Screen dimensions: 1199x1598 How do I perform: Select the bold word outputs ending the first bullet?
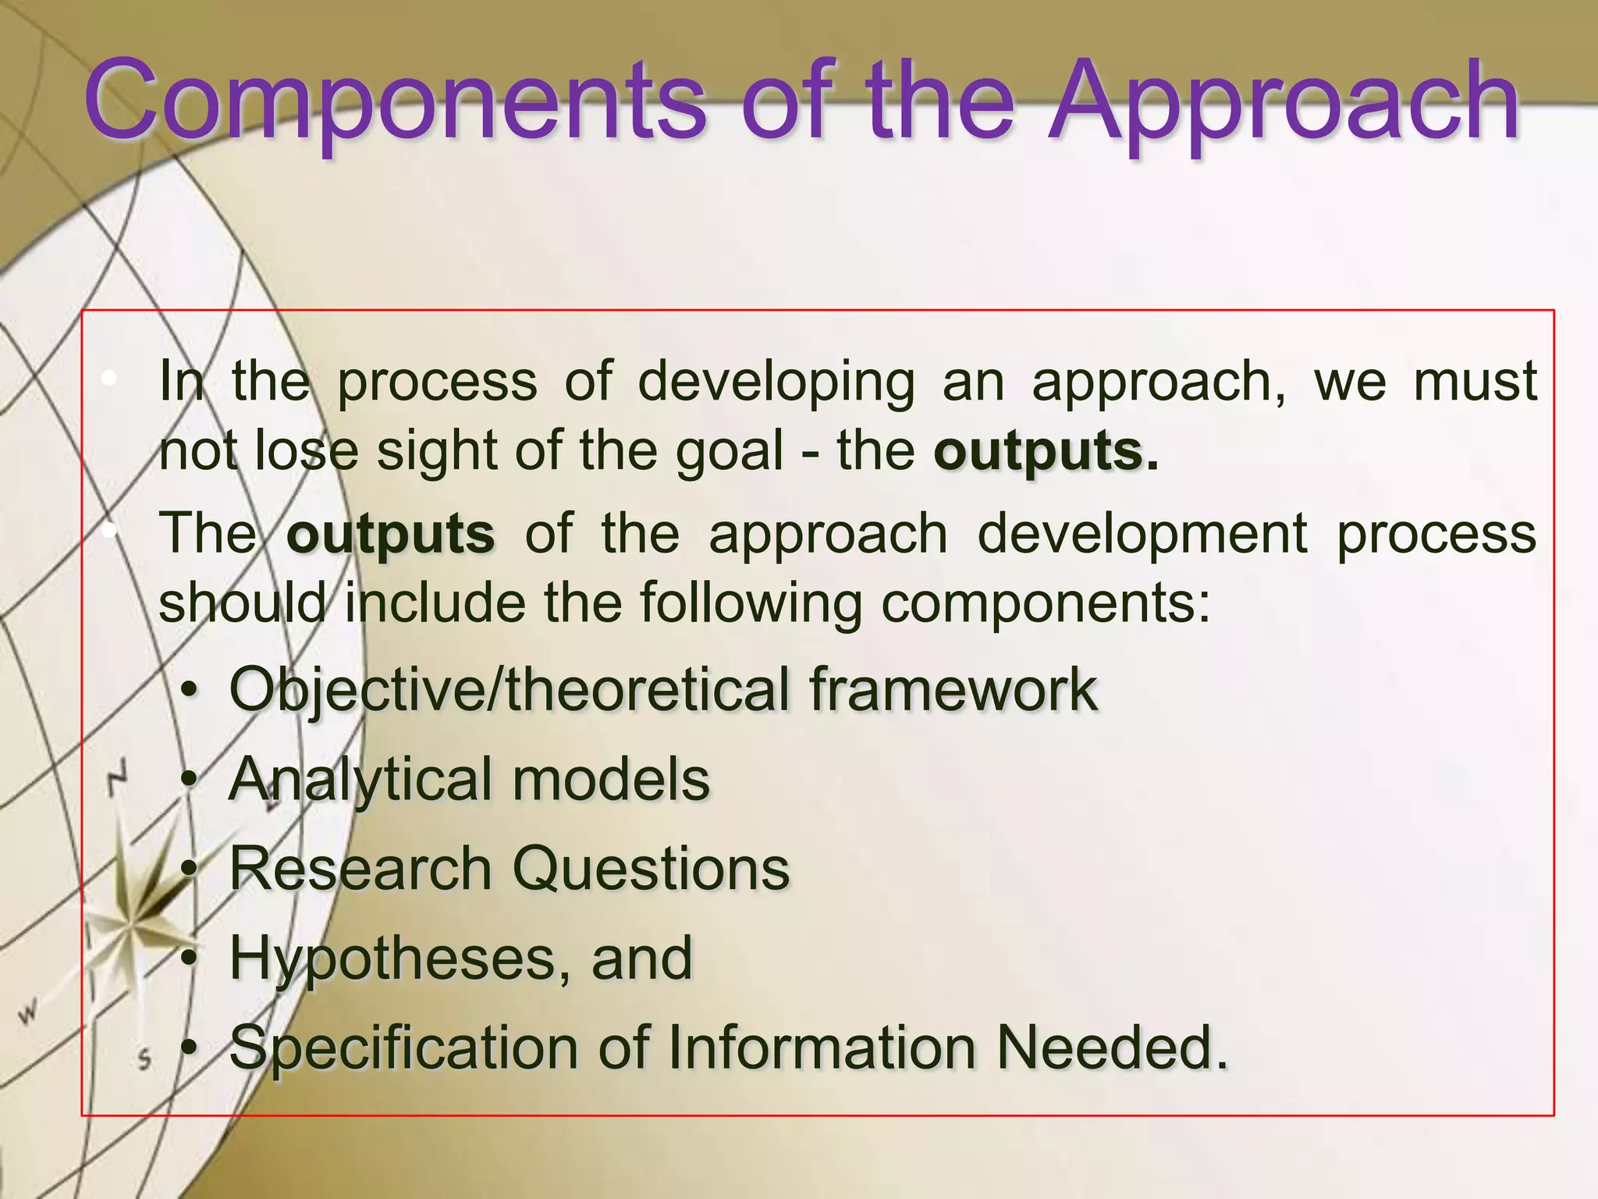coord(1038,451)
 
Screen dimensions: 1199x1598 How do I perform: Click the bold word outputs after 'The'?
coord(390,534)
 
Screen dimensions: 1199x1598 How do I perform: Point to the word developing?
coord(776,382)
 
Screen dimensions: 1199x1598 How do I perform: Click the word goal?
coord(729,451)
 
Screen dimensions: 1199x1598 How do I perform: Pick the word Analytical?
coord(359,780)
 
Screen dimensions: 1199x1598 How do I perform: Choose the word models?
coord(611,779)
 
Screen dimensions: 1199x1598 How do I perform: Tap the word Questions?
coord(651,869)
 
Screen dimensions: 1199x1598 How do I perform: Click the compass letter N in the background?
coord(117,777)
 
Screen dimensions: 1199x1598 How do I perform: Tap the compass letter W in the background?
coord(28,1014)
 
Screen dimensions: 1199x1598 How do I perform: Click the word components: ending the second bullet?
coord(1046,603)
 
